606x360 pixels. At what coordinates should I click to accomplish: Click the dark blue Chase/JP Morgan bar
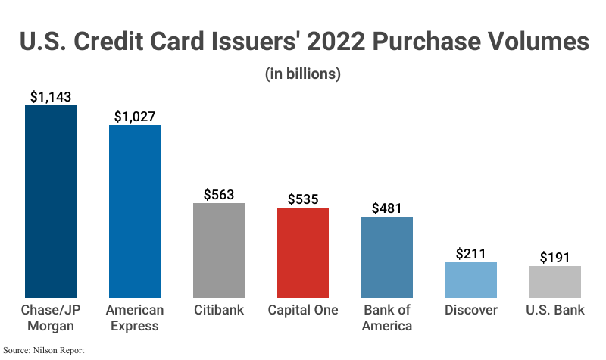click(x=51, y=201)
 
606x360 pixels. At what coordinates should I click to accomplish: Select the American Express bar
click(x=135, y=211)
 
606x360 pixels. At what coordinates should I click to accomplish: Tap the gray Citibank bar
click(x=219, y=250)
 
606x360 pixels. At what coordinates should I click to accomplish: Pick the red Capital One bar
click(x=303, y=252)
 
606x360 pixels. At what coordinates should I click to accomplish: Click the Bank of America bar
click(x=387, y=257)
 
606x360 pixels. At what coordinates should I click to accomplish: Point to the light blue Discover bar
click(x=471, y=280)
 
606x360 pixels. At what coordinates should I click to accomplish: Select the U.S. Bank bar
click(x=555, y=281)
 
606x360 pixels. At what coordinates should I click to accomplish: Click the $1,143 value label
click(x=51, y=97)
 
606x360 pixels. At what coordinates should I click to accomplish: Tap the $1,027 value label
click(x=135, y=117)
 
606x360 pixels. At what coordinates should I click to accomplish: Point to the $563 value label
click(x=219, y=195)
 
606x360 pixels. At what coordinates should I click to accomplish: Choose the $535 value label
click(x=303, y=199)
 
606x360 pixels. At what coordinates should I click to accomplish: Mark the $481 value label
click(x=387, y=208)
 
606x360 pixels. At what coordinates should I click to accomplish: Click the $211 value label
click(x=471, y=254)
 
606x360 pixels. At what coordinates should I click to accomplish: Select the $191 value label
click(x=555, y=258)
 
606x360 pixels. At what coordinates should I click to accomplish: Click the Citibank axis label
click(x=219, y=311)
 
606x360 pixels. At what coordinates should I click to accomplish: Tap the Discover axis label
click(x=471, y=311)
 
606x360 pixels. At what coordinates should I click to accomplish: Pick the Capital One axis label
click(x=303, y=311)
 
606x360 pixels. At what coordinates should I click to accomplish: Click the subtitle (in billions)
click(x=303, y=74)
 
